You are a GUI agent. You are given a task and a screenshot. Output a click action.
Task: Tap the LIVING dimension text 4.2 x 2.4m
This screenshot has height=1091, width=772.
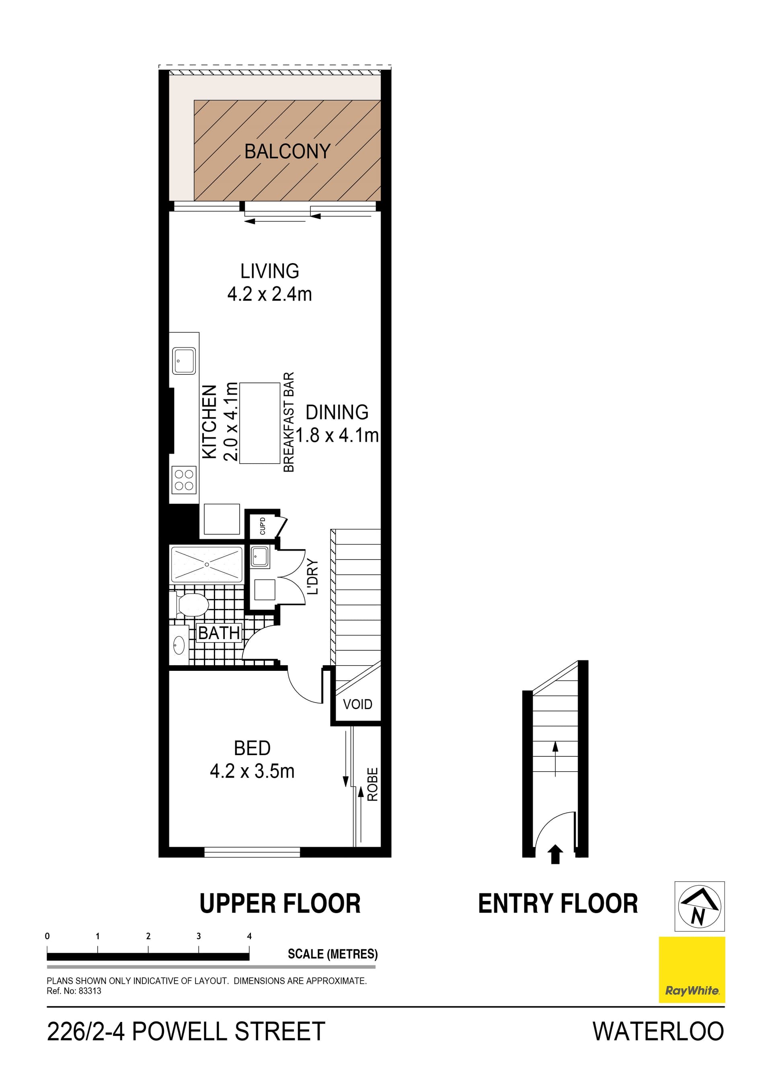(269, 294)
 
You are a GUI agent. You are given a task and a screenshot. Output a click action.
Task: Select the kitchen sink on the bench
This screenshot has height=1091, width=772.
(184, 361)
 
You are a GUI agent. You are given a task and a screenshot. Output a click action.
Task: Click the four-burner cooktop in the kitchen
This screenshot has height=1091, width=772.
(184, 480)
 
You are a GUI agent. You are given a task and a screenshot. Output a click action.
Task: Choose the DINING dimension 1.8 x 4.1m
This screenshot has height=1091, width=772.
(337, 435)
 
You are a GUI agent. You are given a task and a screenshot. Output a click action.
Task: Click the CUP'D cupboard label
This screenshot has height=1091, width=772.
(263, 525)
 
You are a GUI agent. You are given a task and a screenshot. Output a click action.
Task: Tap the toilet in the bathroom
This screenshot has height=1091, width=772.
(191, 605)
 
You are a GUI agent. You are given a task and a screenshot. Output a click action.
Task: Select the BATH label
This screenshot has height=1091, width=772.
(219, 633)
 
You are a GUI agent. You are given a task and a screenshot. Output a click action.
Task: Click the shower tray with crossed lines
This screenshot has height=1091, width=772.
(206, 564)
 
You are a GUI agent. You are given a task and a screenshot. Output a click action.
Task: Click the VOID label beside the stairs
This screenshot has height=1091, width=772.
(357, 704)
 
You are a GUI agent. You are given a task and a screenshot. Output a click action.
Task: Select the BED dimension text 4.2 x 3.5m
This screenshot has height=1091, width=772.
(252, 771)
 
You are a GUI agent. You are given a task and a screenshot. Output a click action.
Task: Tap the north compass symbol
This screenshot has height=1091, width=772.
(699, 906)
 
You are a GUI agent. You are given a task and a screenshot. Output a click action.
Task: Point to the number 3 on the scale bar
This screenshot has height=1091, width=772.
(198, 936)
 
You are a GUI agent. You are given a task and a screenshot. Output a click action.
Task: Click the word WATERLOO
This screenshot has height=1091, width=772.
(658, 1032)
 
